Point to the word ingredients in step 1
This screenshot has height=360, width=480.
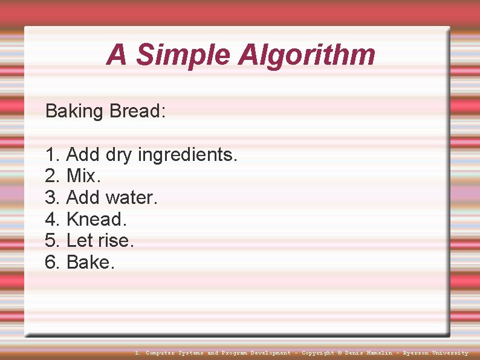tap(187, 155)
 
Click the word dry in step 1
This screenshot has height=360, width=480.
tap(119, 155)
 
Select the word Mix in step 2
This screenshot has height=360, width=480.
tap(82, 176)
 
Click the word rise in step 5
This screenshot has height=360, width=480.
tap(114, 240)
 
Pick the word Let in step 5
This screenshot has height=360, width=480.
tap(79, 240)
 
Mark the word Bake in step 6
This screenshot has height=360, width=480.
tap(88, 262)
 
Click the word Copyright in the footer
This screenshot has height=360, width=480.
tap(317, 353)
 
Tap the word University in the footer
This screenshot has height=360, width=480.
tap(450, 353)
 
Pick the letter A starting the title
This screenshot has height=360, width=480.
tap(117, 55)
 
